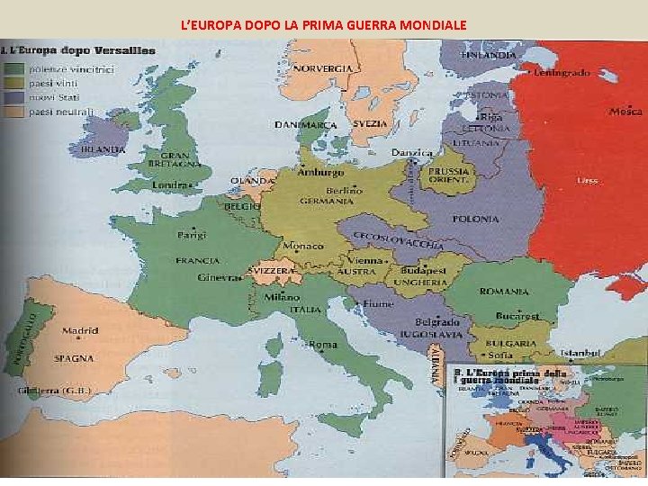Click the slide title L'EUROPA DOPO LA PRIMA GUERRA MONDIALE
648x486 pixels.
tap(323, 24)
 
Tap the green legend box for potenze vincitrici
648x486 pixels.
tap(15, 68)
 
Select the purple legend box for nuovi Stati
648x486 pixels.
tap(15, 97)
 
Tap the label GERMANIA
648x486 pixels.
tap(328, 201)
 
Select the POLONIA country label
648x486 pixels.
tap(475, 219)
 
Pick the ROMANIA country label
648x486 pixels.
tap(504, 292)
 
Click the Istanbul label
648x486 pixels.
tap(580, 354)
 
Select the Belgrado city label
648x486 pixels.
tap(437, 321)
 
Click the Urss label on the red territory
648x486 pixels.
tap(587, 180)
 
